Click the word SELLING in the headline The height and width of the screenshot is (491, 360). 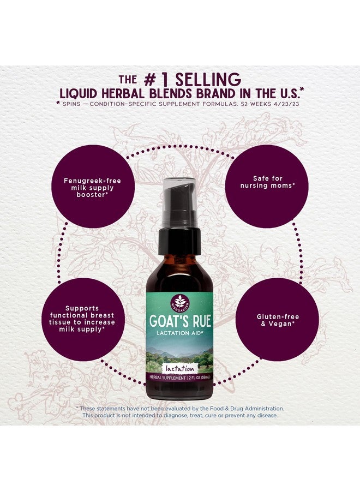[x=208, y=80]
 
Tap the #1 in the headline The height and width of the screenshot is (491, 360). [x=156, y=80]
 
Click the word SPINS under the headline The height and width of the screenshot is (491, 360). [x=71, y=104]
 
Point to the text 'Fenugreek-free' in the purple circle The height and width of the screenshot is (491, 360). [x=92, y=181]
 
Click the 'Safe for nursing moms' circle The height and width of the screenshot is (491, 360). [x=267, y=186]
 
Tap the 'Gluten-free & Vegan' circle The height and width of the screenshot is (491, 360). [x=277, y=319]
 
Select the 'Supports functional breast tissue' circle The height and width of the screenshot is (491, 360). [x=83, y=319]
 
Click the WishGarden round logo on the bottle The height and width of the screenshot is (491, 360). [x=179, y=302]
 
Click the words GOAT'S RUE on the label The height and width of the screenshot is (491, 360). [x=180, y=321]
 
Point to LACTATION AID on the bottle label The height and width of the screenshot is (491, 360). [x=180, y=333]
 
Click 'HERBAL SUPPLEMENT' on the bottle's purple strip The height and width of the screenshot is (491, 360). [x=167, y=378]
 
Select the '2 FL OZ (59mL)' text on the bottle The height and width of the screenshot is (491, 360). [x=199, y=378]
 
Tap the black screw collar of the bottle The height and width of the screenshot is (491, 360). [x=179, y=241]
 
